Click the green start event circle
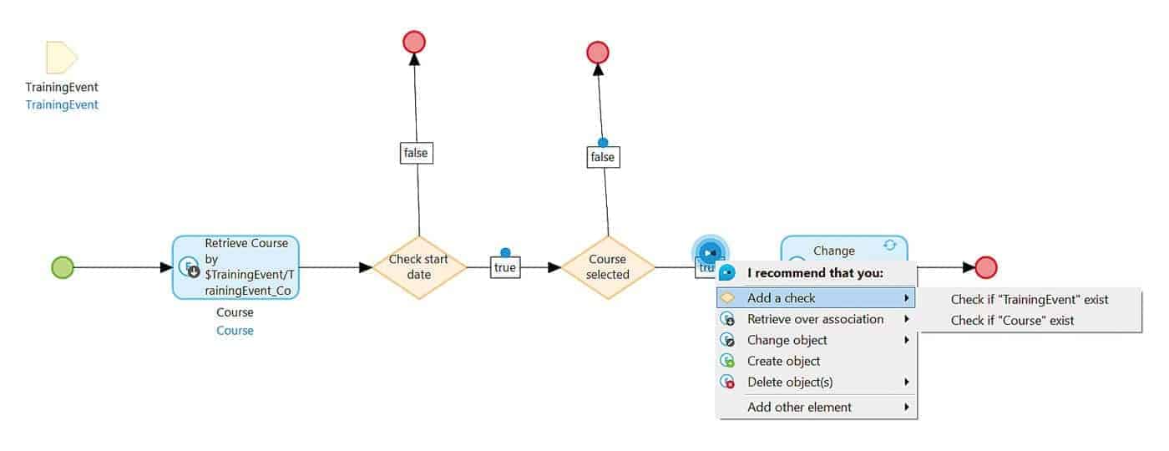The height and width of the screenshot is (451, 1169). (x=63, y=267)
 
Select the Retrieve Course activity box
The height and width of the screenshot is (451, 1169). (x=235, y=267)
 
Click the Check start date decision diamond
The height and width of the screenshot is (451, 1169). (x=418, y=267)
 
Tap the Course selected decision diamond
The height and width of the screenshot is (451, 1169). (x=607, y=267)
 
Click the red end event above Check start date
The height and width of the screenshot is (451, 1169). (x=414, y=42)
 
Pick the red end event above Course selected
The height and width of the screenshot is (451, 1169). (x=598, y=53)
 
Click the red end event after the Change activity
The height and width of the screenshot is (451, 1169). (x=986, y=267)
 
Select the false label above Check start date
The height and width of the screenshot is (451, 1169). (x=416, y=153)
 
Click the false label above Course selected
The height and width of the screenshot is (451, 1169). (x=602, y=157)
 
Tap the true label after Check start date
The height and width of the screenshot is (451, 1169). (x=505, y=268)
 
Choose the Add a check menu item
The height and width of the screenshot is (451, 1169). (x=781, y=298)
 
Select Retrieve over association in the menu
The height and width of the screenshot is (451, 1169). (x=815, y=319)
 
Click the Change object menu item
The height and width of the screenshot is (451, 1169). (x=787, y=340)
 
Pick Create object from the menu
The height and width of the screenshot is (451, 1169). (x=783, y=361)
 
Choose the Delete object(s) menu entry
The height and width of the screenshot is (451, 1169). (x=790, y=382)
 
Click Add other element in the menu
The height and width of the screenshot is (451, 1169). (x=799, y=407)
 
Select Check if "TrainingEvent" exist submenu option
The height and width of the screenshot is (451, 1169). (x=1029, y=299)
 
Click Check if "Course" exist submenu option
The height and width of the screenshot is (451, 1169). (x=1012, y=320)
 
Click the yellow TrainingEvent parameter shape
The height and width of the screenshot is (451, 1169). (x=62, y=58)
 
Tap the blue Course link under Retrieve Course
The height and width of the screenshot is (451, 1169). (x=235, y=331)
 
